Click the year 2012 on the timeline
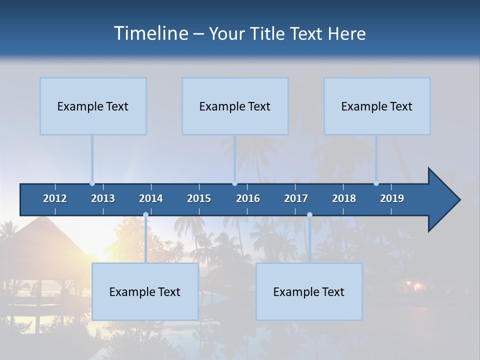click(x=55, y=198)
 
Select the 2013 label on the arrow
click(x=103, y=198)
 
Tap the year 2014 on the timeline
click(x=151, y=198)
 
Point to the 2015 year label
click(x=199, y=198)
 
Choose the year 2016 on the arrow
click(x=248, y=198)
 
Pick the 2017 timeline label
click(x=296, y=198)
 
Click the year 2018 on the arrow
click(x=344, y=198)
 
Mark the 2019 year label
click(x=392, y=198)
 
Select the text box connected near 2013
click(x=93, y=106)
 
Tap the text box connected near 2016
click(x=235, y=106)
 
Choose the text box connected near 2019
click(x=377, y=106)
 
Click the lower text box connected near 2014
click(x=145, y=291)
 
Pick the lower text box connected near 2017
click(x=309, y=291)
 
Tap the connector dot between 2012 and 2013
click(x=92, y=183)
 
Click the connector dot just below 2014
click(x=145, y=214)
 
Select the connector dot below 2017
click(x=309, y=214)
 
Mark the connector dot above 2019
click(x=376, y=183)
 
